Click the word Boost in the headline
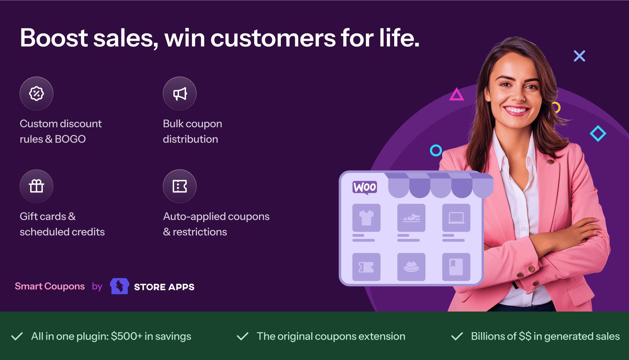point(54,38)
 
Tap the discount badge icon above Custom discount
point(37,93)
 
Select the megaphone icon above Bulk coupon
point(180,93)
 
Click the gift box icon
point(37,186)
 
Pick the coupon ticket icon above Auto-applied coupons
point(180,186)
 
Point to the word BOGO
point(70,139)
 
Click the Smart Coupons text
point(49,286)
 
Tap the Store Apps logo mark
point(119,286)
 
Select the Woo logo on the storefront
point(365,187)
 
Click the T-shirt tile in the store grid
point(366,218)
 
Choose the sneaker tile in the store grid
point(411,218)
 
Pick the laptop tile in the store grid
point(456,218)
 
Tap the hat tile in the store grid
point(411,267)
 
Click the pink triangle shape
point(456,95)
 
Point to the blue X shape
point(579,56)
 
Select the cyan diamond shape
point(598,133)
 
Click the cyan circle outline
point(436,150)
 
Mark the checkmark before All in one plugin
point(17,336)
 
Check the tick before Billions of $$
point(457,336)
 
